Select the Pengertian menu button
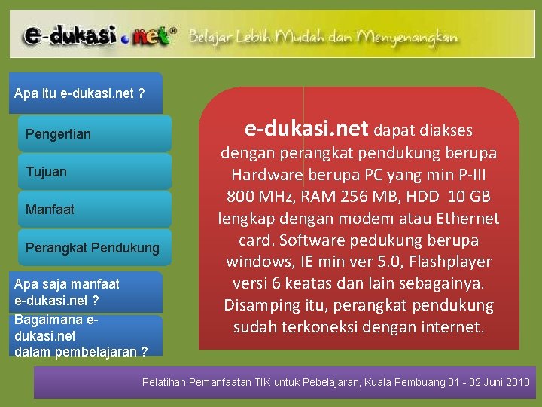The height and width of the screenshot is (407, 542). tap(95, 134)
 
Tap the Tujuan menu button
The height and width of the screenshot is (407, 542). tap(95, 172)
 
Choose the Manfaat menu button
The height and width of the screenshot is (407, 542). tap(95, 210)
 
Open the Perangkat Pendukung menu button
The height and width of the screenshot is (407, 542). tap(95, 247)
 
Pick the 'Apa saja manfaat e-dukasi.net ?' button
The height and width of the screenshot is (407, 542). tap(87, 292)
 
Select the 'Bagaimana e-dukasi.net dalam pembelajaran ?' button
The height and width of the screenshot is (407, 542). tap(87, 335)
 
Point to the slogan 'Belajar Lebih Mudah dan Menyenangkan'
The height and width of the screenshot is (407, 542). tap(323, 36)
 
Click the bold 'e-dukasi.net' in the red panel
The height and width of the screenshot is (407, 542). tap(306, 129)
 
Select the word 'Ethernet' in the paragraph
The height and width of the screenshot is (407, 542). tap(466, 219)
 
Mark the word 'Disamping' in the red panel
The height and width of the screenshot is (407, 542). tap(260, 306)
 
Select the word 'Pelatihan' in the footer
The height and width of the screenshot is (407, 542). tap(163, 382)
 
